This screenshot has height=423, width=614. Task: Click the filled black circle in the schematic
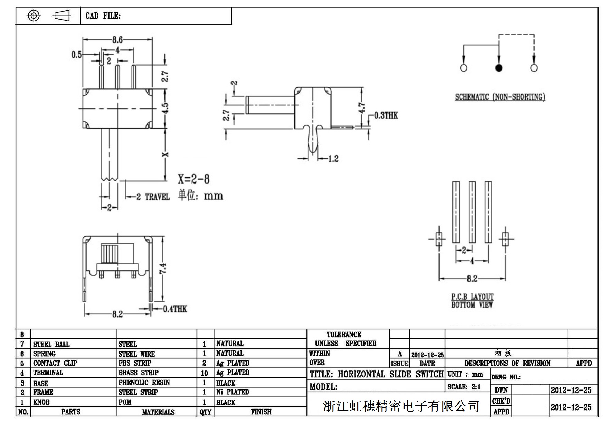click(499, 68)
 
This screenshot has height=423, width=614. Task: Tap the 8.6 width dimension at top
click(117, 40)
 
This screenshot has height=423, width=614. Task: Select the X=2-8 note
click(193, 179)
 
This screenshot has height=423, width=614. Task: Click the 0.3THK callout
click(386, 115)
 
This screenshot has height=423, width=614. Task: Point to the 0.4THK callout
click(175, 309)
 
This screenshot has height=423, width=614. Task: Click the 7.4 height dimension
click(163, 268)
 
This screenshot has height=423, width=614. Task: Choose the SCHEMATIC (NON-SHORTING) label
click(500, 97)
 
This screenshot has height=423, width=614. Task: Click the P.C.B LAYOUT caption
click(472, 297)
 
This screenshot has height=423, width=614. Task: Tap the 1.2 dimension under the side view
click(333, 159)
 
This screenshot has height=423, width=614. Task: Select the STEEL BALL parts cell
click(51, 344)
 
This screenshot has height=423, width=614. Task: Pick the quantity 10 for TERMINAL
click(204, 373)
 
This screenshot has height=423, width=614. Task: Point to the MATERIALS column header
click(158, 412)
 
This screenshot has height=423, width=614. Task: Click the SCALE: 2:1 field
click(464, 387)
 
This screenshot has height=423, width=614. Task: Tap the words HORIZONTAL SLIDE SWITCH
click(390, 374)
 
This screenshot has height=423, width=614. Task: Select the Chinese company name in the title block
click(401, 406)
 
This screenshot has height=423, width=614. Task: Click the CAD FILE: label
click(103, 16)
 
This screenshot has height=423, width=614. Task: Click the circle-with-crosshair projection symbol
click(34, 16)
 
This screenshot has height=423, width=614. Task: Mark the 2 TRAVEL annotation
click(153, 197)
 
